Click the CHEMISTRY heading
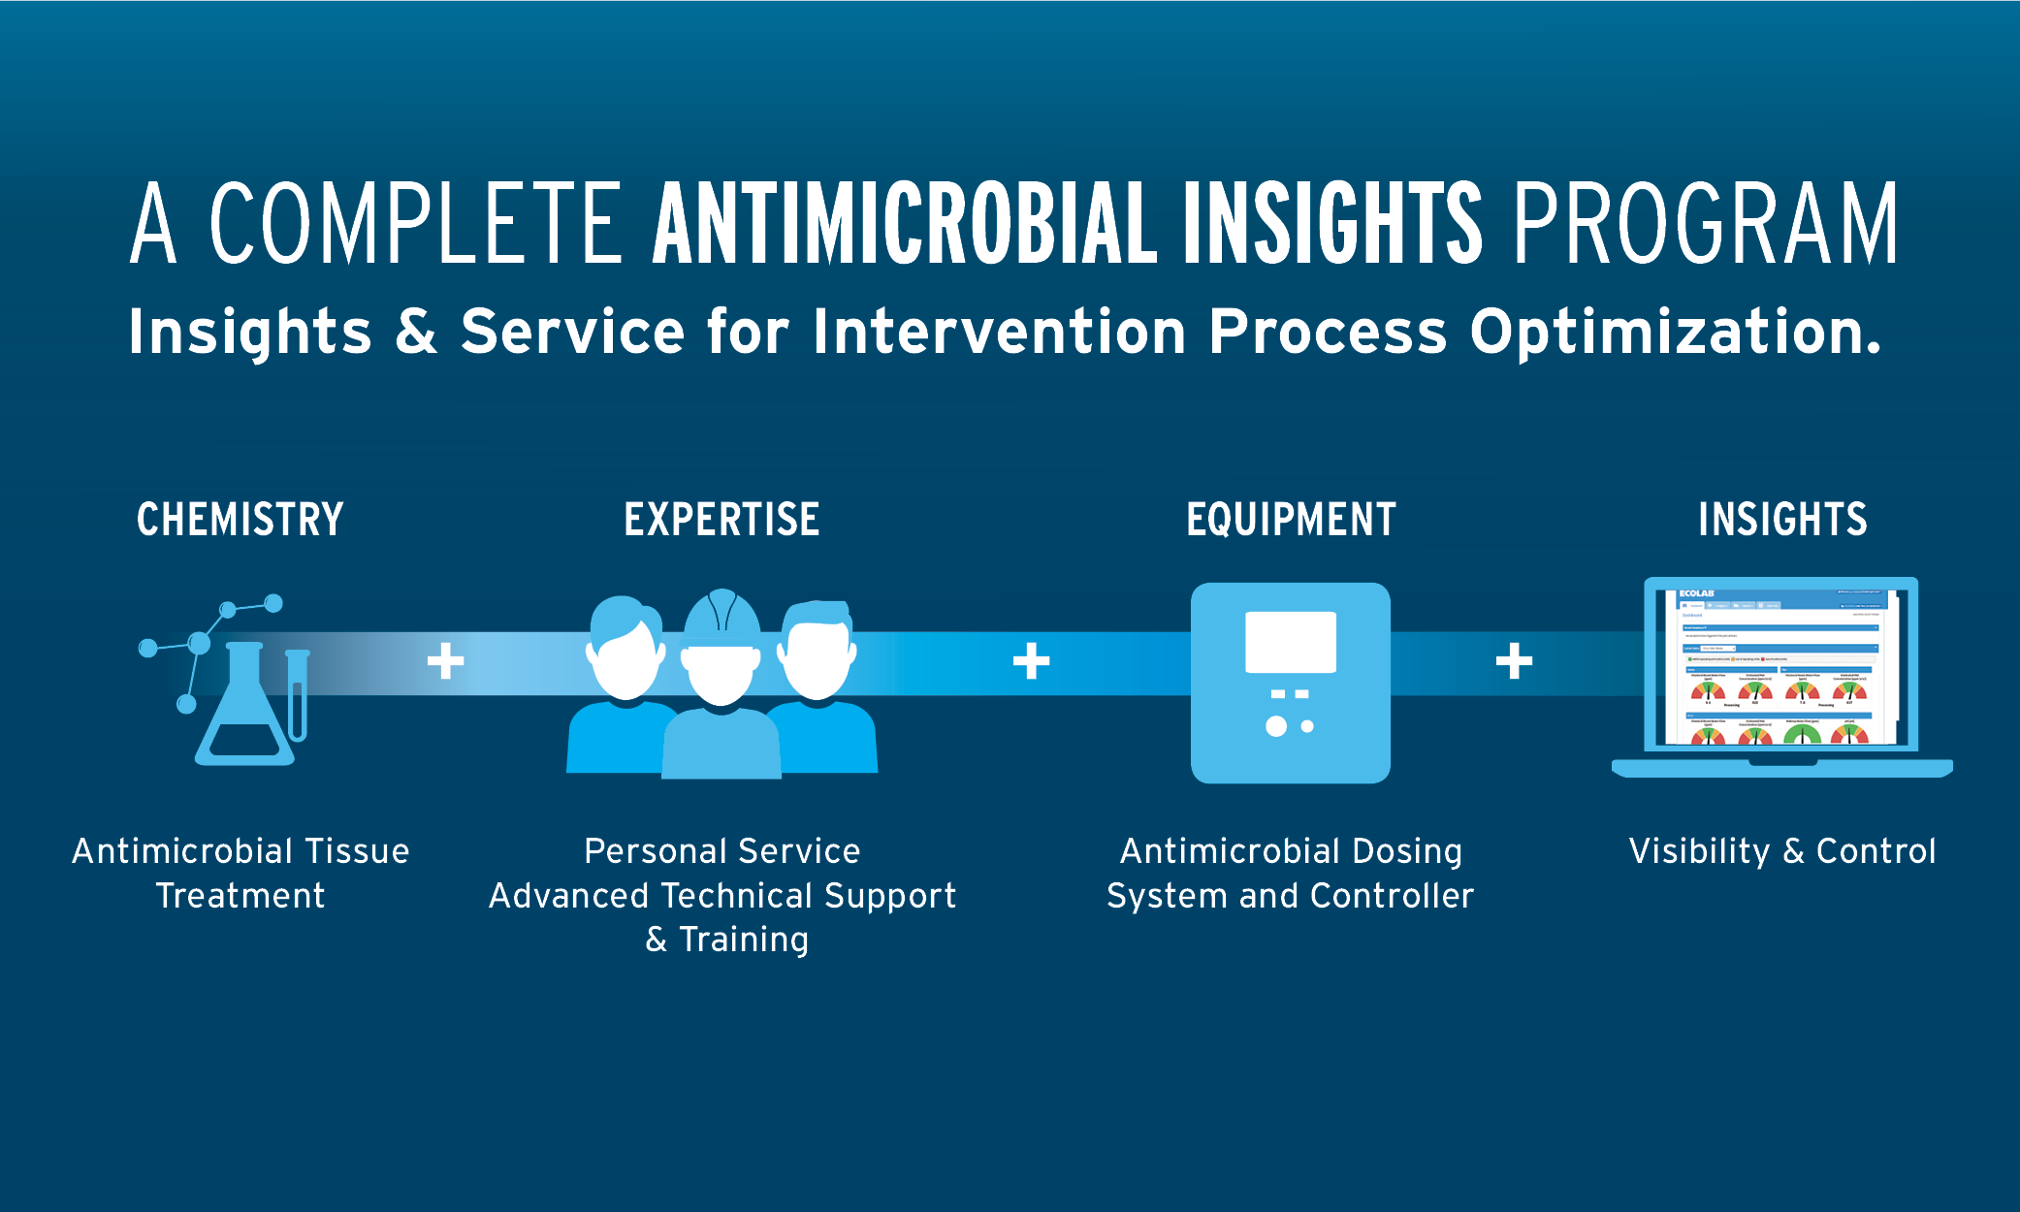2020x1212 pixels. coord(240,520)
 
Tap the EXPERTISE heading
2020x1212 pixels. coord(721,520)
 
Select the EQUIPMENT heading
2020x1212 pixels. coord(1291,520)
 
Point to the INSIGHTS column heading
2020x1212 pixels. coord(1782,520)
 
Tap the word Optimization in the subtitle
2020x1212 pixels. coord(1675,332)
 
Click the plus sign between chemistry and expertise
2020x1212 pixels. coord(445,661)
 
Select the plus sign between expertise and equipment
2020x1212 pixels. coord(1031,661)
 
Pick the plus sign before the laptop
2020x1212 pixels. coord(1514,661)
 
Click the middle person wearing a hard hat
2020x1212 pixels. coord(721,679)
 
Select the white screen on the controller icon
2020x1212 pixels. coord(1291,642)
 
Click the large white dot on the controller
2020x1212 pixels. coord(1276,726)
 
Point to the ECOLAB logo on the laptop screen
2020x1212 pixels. coord(1696,593)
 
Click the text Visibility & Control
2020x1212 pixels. coord(1782,851)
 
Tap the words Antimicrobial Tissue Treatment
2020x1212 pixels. coord(240,873)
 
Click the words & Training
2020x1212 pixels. coord(727,940)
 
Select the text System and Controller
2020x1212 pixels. coord(1290,896)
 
